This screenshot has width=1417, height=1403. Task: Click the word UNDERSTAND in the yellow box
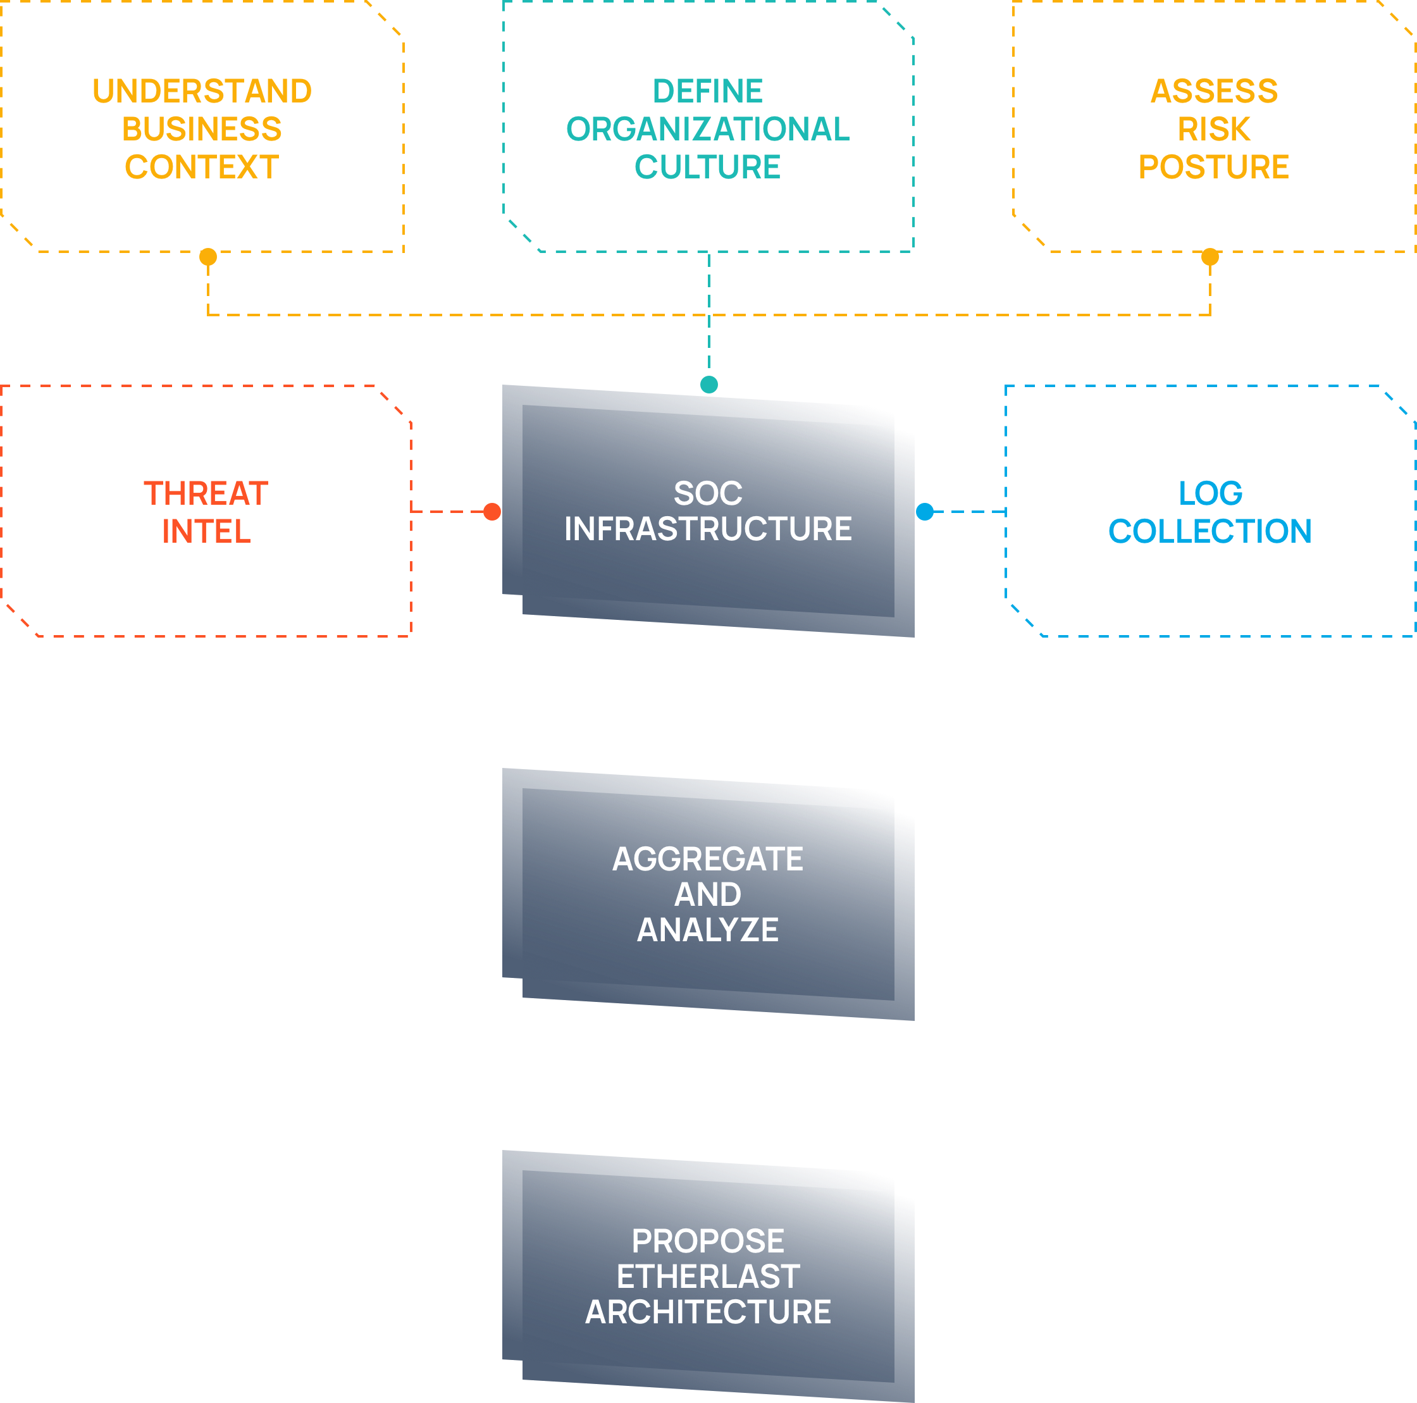click(202, 92)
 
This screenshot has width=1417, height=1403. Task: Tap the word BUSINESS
click(202, 130)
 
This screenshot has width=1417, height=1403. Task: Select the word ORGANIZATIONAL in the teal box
click(708, 130)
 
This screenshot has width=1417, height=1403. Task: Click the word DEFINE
click(708, 92)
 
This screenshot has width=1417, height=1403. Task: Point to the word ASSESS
click(1214, 92)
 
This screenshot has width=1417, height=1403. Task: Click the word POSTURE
click(1214, 167)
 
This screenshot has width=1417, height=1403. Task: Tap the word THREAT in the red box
click(206, 493)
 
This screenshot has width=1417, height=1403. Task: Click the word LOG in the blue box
click(1210, 493)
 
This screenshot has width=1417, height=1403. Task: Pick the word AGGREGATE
click(708, 860)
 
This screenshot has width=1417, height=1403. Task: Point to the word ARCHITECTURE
click(708, 1312)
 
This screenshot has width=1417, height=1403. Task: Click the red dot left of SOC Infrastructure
click(492, 512)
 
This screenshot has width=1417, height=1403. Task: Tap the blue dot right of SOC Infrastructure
click(925, 512)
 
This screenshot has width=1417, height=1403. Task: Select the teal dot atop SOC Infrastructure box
click(709, 385)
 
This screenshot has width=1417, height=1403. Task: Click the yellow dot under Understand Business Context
click(208, 257)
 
